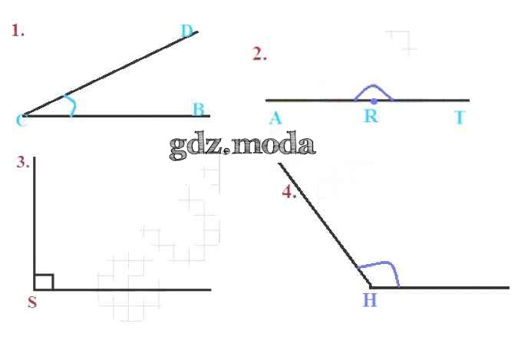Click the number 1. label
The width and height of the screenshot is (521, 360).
(x=18, y=31)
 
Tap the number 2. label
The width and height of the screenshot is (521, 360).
(x=259, y=54)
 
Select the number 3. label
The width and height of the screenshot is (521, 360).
(x=23, y=162)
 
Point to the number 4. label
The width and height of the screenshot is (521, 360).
(x=289, y=192)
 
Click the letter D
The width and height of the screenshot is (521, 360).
(x=187, y=31)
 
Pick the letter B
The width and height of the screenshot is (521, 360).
(x=199, y=109)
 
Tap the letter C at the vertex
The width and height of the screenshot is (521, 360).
(x=20, y=120)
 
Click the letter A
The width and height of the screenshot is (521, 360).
(x=275, y=118)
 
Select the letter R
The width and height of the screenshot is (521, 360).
(x=371, y=116)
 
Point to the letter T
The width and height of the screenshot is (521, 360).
(x=460, y=117)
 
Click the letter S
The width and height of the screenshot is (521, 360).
(x=32, y=302)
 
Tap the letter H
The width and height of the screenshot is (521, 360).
(x=370, y=300)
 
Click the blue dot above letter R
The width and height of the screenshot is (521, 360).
(x=374, y=101)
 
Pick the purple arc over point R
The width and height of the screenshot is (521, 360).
(x=373, y=86)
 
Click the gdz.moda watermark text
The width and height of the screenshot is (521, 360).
(x=242, y=146)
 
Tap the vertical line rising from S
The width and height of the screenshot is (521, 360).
(x=35, y=223)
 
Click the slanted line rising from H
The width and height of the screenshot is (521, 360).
(x=325, y=225)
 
